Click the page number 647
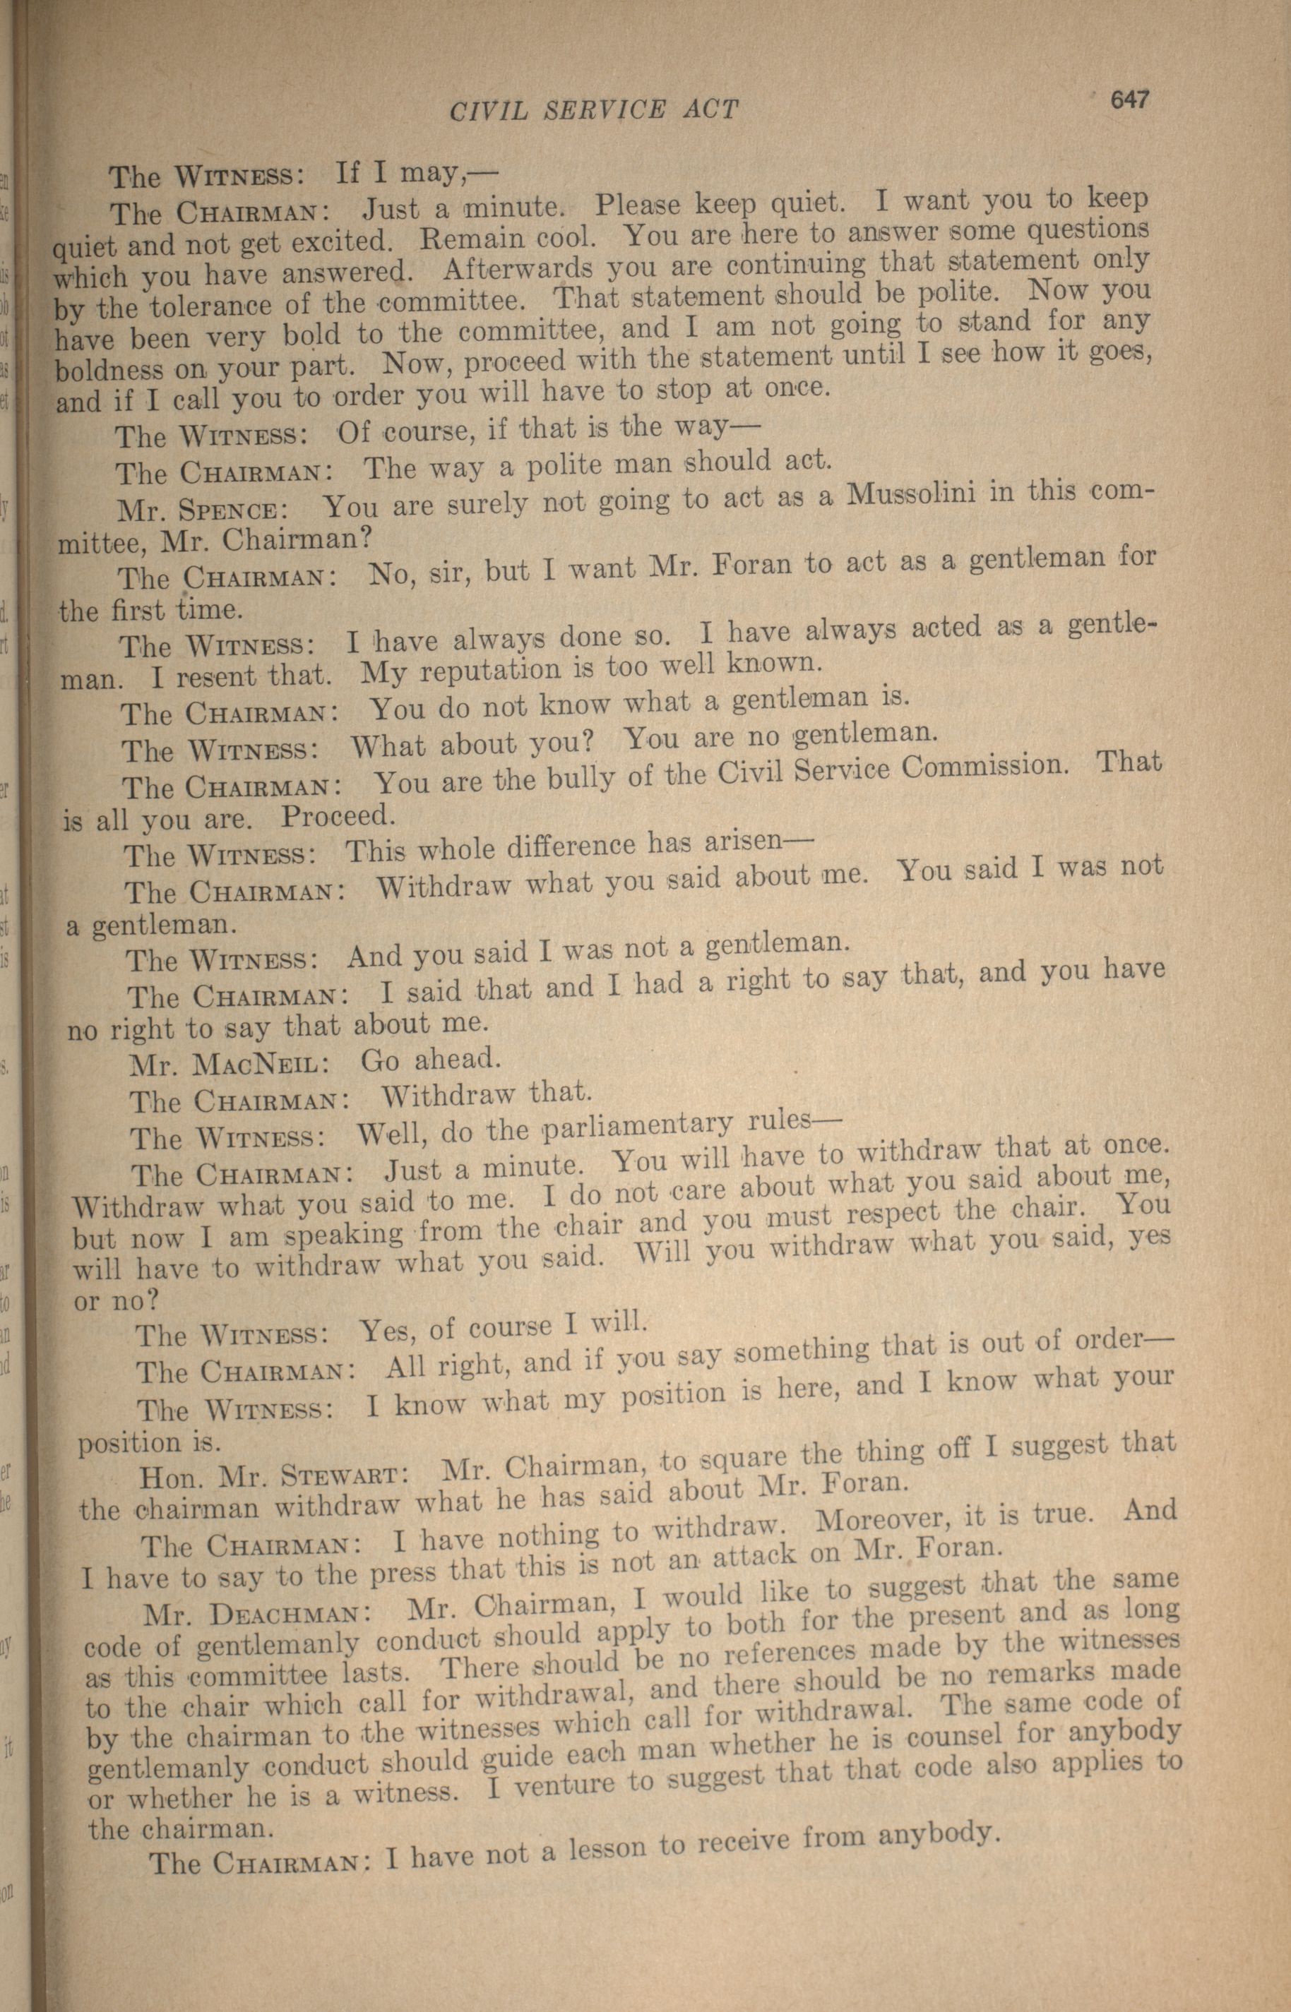click(1129, 100)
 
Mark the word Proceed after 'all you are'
click(335, 815)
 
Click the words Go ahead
click(430, 1060)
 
